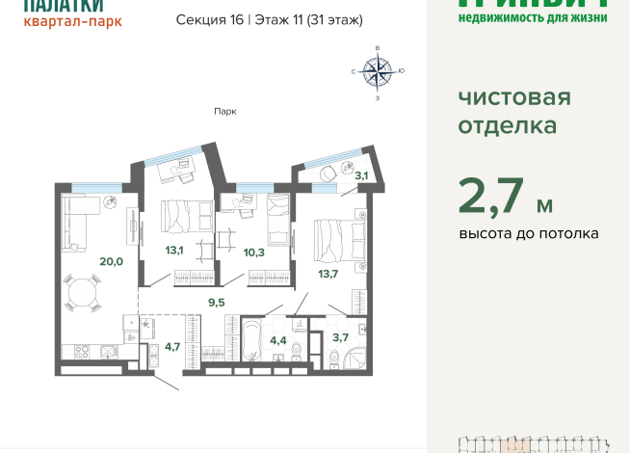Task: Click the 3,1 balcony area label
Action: pyautogui.click(x=360, y=175)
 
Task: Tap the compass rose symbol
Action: pyautogui.click(x=378, y=70)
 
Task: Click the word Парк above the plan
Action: pyautogui.click(x=225, y=111)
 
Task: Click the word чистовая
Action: pyautogui.click(x=513, y=97)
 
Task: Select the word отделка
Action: pyautogui.click(x=507, y=126)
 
